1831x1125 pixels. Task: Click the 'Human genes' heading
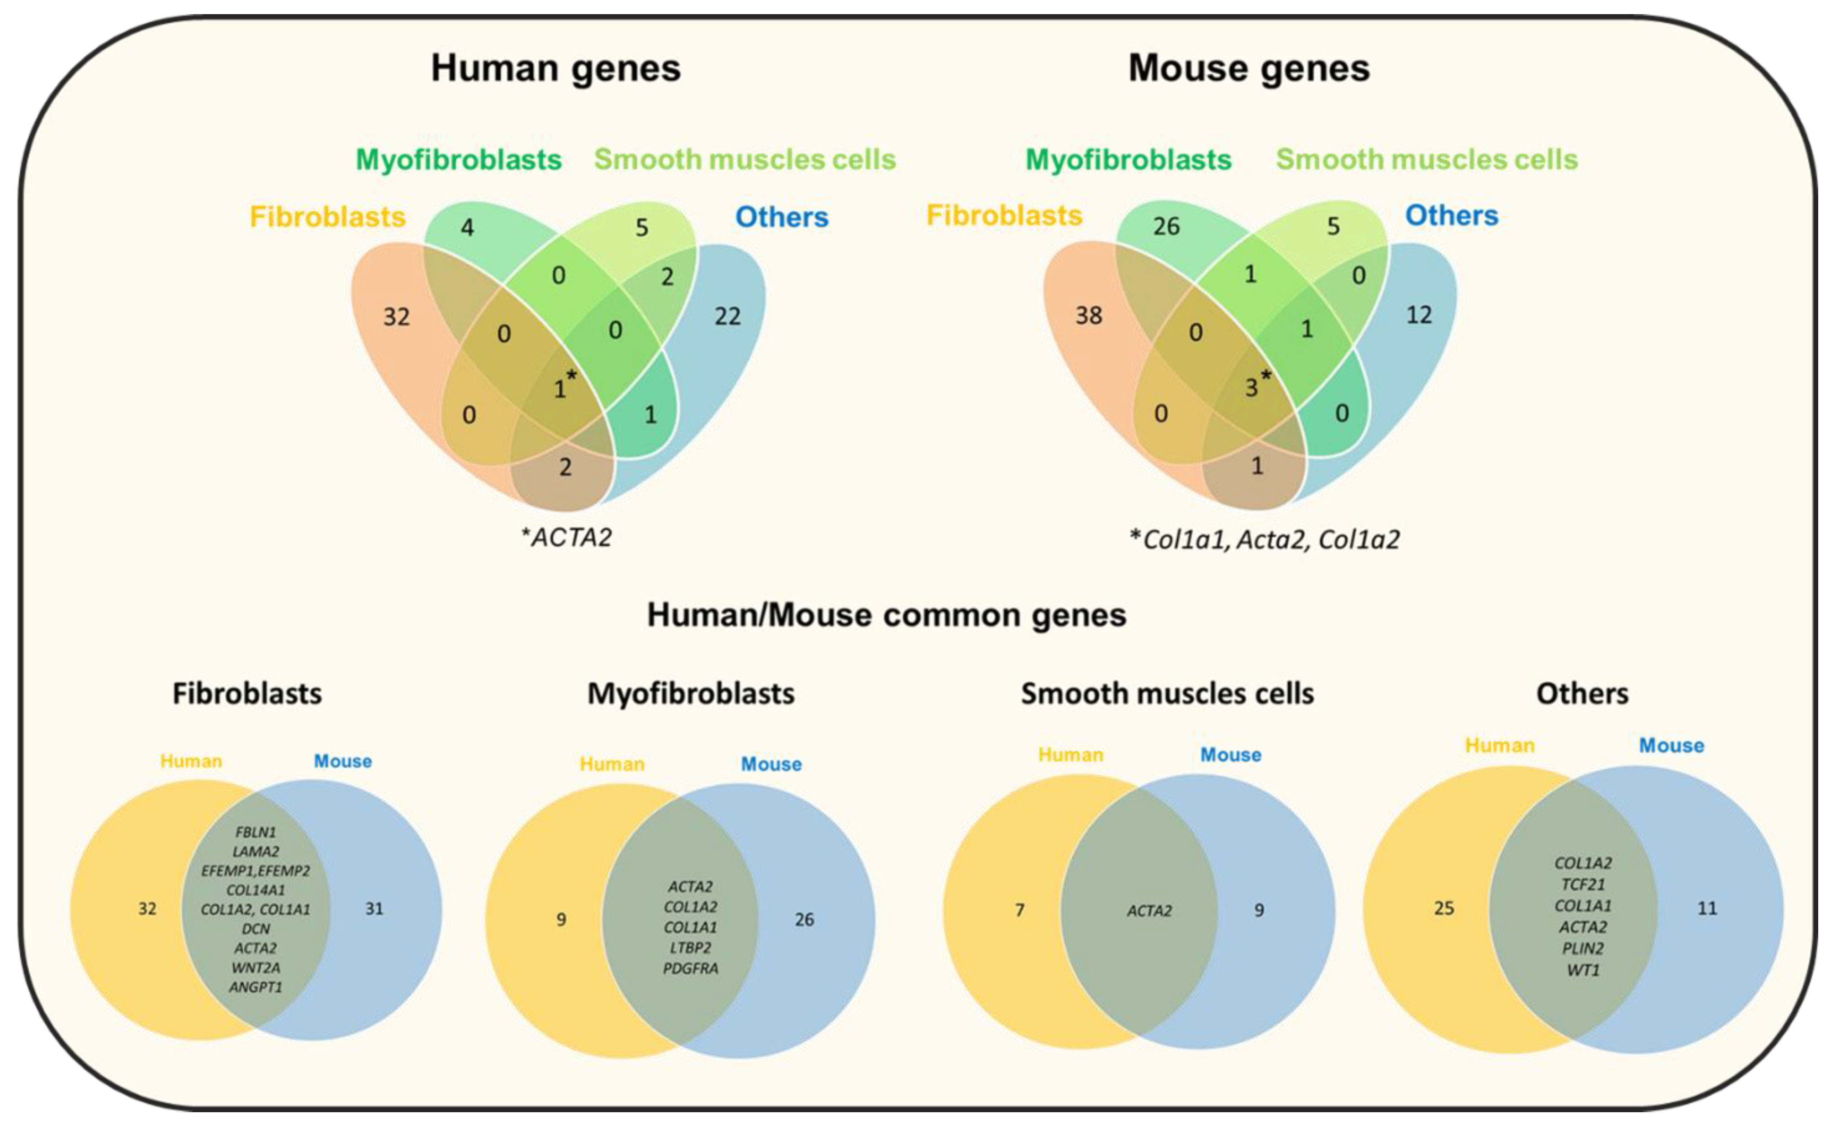point(555,68)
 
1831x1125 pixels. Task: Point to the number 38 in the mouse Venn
point(1088,315)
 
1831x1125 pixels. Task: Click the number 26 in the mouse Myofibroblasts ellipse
point(1166,226)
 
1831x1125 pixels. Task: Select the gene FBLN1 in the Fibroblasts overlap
point(255,832)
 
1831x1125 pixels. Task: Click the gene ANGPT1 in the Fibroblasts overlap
point(255,987)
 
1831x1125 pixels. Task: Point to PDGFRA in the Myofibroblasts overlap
point(690,968)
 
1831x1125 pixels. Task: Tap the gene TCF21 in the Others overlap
point(1583,884)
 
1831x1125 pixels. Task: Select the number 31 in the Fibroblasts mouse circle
point(374,909)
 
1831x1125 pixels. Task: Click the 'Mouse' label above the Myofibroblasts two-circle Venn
point(771,764)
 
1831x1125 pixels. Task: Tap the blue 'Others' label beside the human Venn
point(781,217)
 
